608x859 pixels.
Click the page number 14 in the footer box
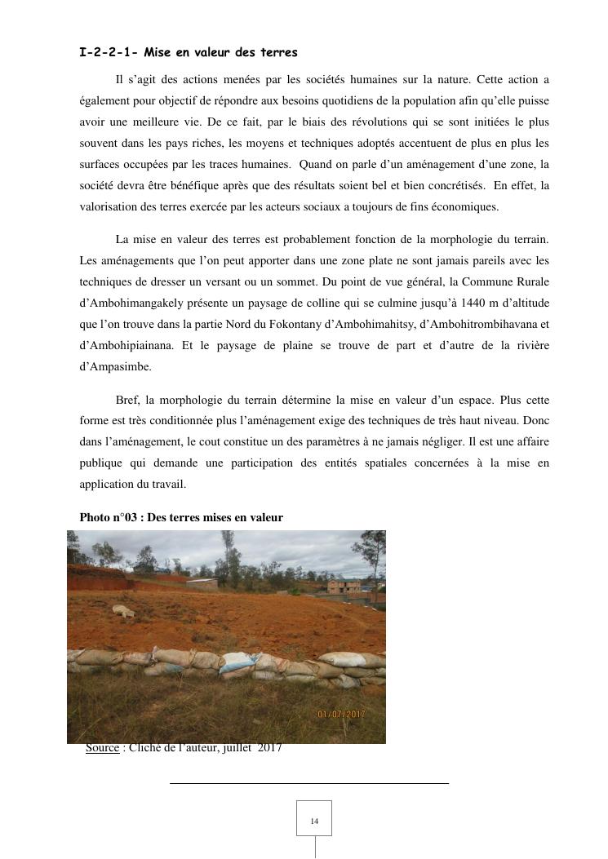pyautogui.click(x=314, y=821)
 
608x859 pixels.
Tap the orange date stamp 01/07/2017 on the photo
pyautogui.click(x=341, y=715)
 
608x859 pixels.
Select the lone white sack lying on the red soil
pyautogui.click(x=123, y=610)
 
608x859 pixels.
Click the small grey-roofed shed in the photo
pyautogui.click(x=202, y=583)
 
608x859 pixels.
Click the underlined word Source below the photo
pyautogui.click(x=102, y=748)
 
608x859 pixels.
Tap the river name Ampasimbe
pyautogui.click(x=115, y=366)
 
